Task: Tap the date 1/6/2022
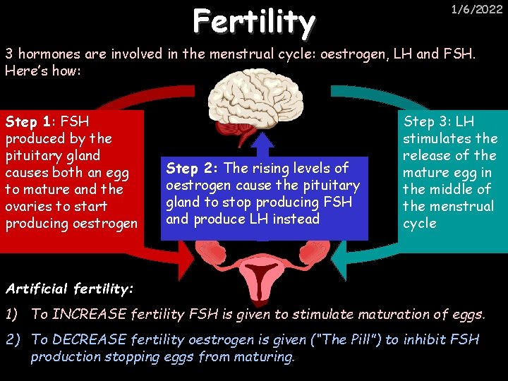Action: pyautogui.click(x=477, y=9)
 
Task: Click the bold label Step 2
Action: pyautogui.click(x=193, y=168)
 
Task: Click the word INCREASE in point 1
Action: pyautogui.click(x=87, y=314)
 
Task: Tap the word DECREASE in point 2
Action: pyautogui.click(x=87, y=340)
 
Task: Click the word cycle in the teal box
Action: pyautogui.click(x=420, y=223)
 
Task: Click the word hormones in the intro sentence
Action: pyautogui.click(x=49, y=54)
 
